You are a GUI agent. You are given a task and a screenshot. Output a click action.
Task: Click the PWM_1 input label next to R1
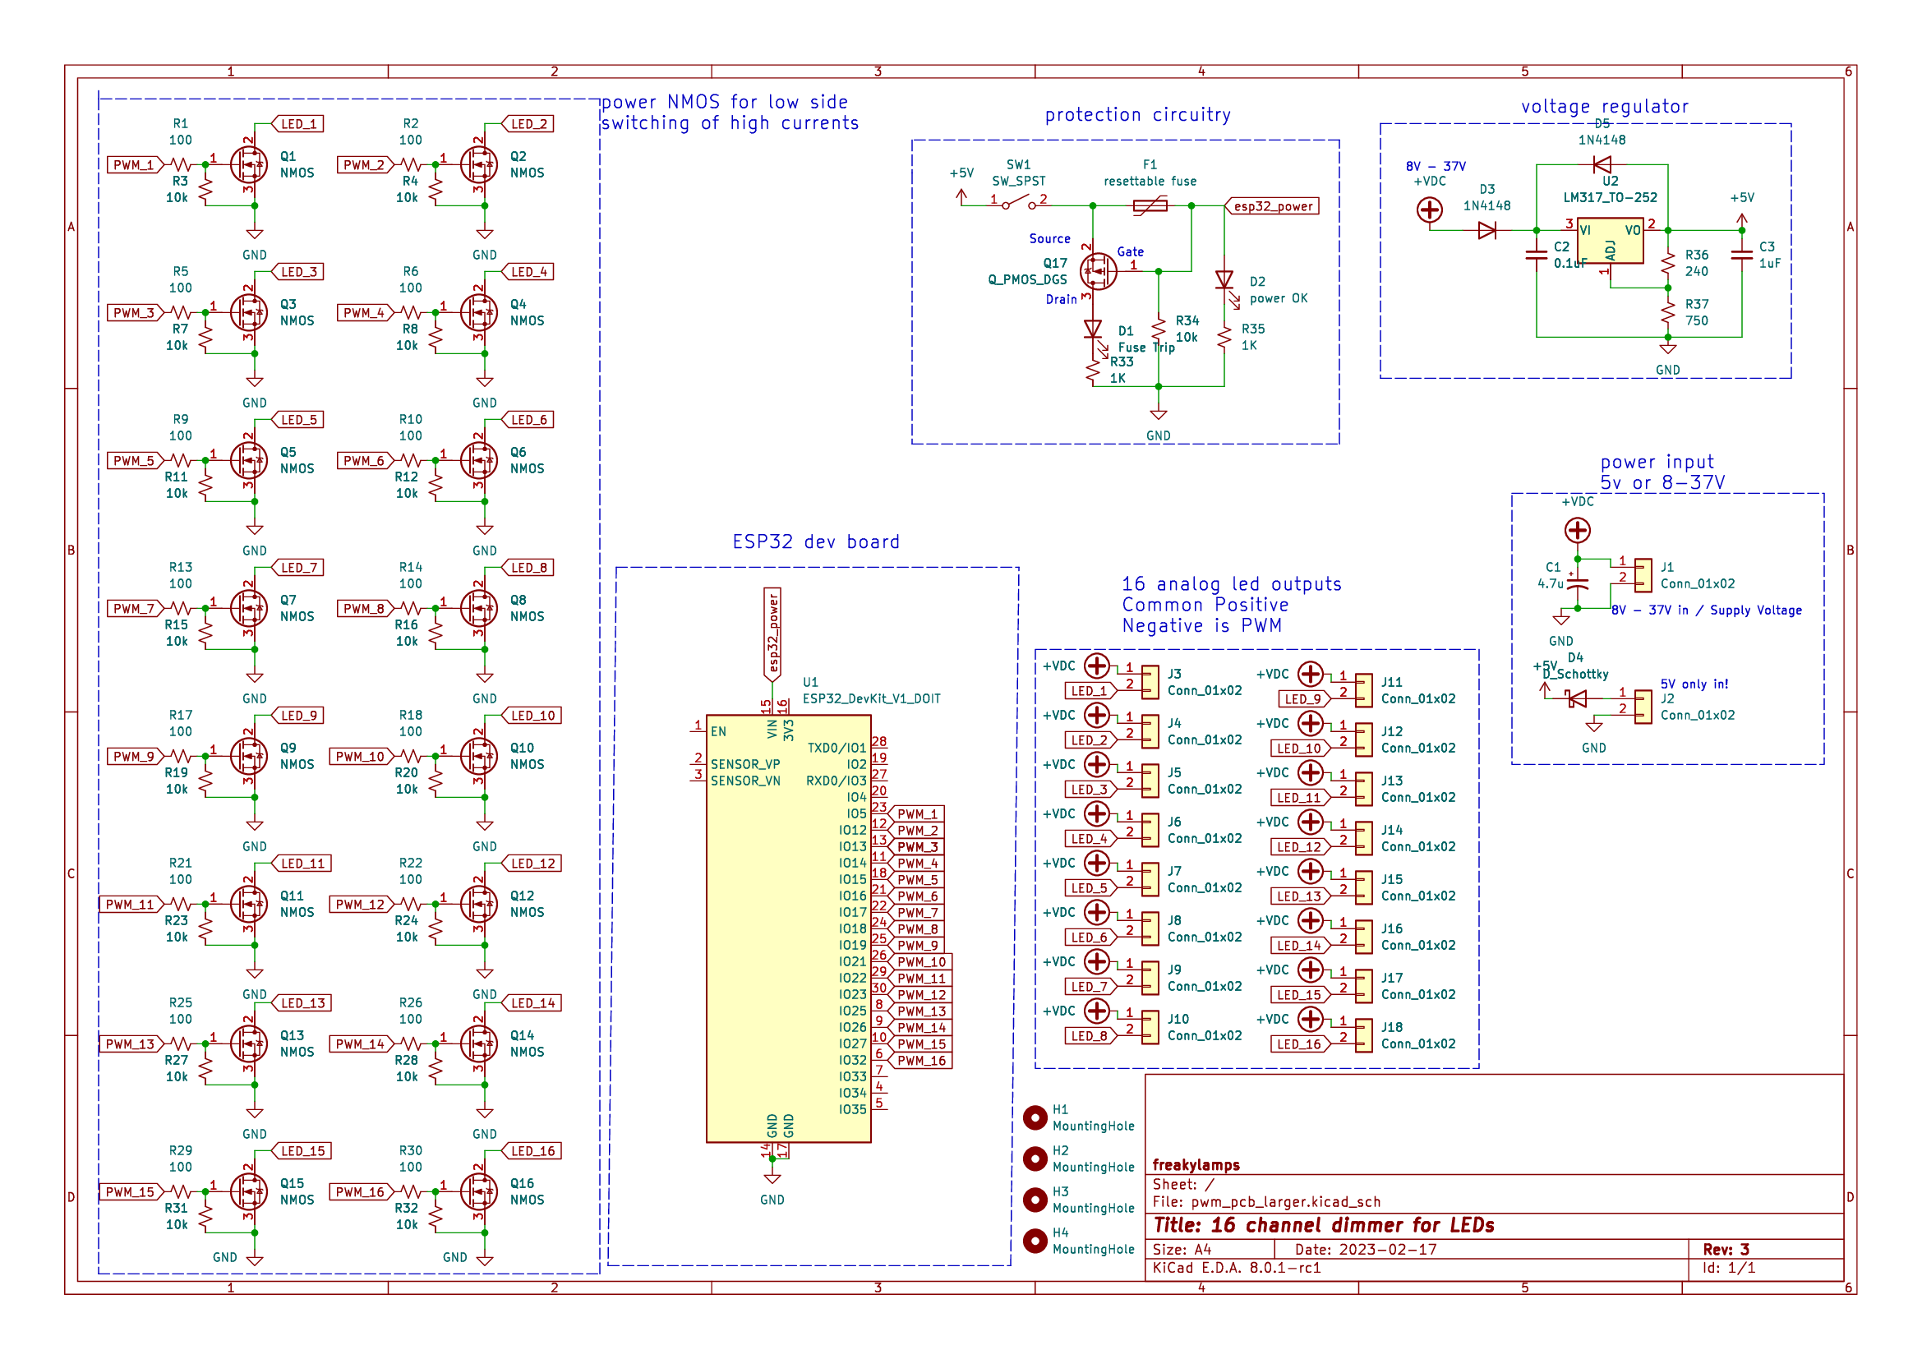tap(133, 165)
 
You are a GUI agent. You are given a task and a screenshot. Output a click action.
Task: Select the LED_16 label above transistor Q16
tap(532, 1151)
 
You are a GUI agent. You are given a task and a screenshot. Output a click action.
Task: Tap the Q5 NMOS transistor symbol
tap(250, 460)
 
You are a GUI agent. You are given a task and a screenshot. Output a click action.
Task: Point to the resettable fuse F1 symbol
tap(1150, 205)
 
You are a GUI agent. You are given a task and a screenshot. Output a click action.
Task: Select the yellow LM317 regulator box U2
tap(1609, 241)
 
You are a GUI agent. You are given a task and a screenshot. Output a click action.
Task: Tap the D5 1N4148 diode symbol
tap(1602, 164)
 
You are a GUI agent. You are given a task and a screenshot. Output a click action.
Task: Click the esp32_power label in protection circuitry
tap(1272, 206)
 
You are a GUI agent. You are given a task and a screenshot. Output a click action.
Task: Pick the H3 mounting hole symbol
tap(1035, 1200)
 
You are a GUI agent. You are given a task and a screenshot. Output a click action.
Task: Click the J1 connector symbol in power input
tap(1643, 575)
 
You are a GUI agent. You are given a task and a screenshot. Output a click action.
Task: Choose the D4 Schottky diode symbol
tap(1577, 698)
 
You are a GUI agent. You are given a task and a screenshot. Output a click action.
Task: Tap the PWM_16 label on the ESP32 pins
tap(921, 1061)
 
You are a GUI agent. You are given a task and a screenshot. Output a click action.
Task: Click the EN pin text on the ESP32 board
tap(718, 731)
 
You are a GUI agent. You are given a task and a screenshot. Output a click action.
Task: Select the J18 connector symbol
tap(1364, 1036)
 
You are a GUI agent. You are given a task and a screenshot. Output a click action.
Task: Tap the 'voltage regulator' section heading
tap(1604, 107)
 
